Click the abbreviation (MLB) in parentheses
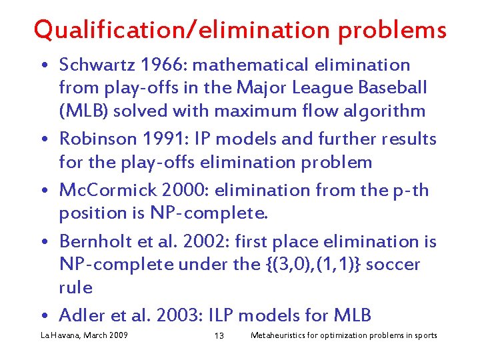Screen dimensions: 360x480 [83, 111]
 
